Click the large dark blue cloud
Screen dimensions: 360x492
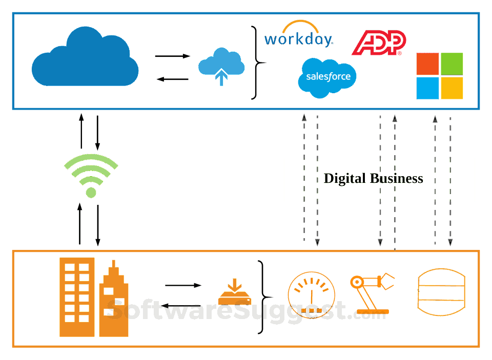[x=85, y=59]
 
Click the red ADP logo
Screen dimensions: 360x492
[x=378, y=43]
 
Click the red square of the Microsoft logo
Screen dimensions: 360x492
[x=427, y=63]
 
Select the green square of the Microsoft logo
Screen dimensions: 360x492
[x=452, y=63]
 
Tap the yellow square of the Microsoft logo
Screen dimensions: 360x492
[x=452, y=88]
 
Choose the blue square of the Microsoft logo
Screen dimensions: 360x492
[x=427, y=88]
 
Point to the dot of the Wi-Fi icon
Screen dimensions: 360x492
[x=91, y=193]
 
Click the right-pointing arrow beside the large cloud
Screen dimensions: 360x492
[x=173, y=56]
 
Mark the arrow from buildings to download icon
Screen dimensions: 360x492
[x=183, y=285]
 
